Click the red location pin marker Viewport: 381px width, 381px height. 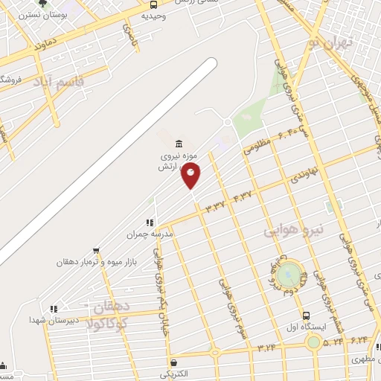[191, 176]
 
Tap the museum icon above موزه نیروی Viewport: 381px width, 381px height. [178, 144]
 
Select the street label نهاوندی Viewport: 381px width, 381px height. [304, 177]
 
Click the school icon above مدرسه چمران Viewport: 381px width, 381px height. [150, 222]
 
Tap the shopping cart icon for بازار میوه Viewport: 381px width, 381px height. [96, 251]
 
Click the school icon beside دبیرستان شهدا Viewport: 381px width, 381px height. [53, 309]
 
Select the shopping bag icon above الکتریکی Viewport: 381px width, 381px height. [173, 362]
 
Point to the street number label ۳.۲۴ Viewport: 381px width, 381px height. [266, 348]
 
